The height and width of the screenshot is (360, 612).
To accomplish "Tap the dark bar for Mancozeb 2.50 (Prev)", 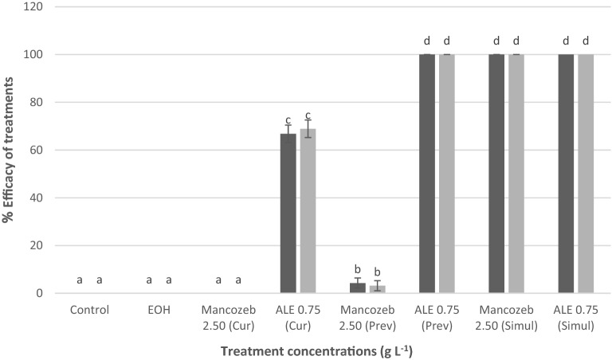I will click(x=358, y=288).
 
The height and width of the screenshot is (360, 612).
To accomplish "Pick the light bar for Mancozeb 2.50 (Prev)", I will click(x=377, y=289).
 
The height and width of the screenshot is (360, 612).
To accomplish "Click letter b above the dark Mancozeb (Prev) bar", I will click(x=358, y=269).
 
